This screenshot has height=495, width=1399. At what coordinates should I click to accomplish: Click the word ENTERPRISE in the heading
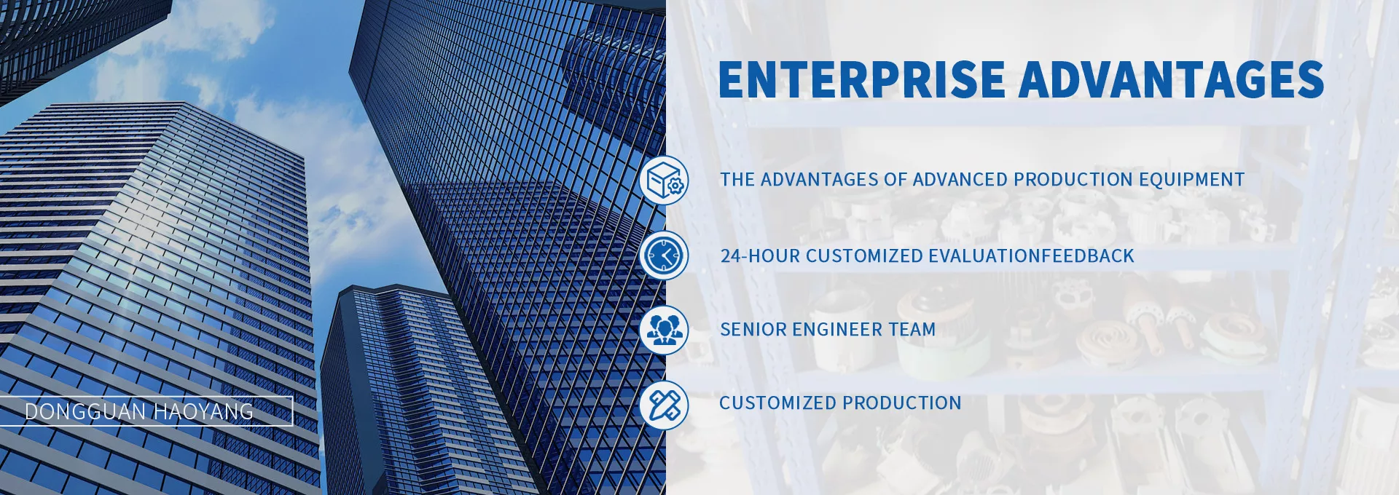coord(862,79)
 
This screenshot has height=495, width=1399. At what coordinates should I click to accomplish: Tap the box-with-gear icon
coord(664,180)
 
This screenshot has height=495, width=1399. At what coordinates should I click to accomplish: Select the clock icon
coord(664,256)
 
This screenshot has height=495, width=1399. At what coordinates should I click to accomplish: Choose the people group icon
coord(664,330)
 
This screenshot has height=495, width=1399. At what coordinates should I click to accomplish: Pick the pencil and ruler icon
coord(664,404)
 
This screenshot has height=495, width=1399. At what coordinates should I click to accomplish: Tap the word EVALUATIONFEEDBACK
coord(1032,256)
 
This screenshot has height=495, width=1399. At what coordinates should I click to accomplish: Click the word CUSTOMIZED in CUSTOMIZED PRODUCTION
coord(777,403)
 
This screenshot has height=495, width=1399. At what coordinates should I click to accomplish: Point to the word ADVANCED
coord(960,180)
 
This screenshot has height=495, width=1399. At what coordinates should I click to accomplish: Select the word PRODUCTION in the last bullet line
coord(902,403)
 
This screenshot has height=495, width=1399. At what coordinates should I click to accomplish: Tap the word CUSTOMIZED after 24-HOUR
coord(864,256)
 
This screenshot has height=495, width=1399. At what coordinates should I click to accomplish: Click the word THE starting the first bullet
coord(737,180)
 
